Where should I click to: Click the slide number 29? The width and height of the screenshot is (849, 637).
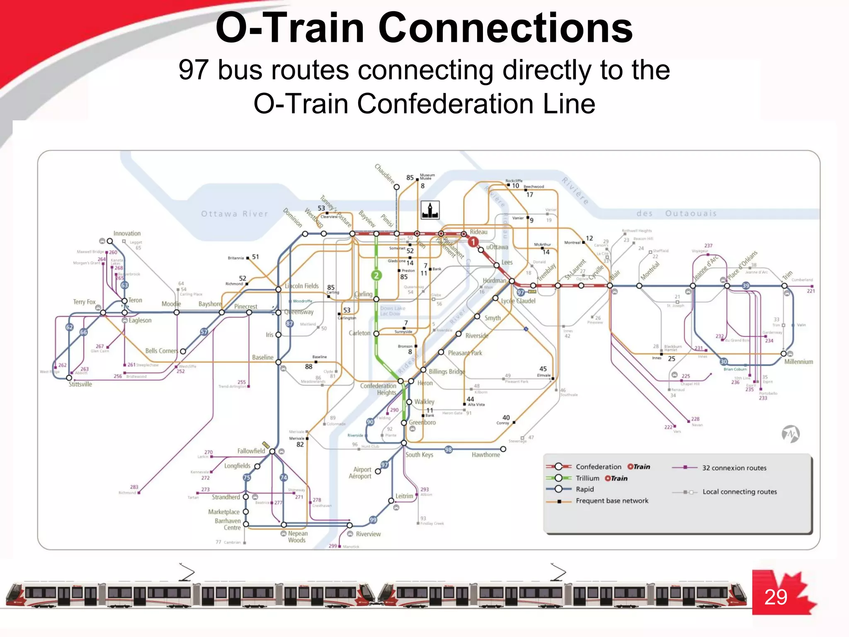coord(776,597)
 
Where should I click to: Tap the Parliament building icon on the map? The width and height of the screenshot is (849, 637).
coord(430,210)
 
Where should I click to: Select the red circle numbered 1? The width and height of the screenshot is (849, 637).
coord(473,242)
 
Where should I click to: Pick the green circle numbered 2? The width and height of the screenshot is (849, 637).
coord(376,275)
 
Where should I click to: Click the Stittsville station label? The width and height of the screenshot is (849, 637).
coord(80,384)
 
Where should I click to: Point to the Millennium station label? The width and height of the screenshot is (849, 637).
coord(798,362)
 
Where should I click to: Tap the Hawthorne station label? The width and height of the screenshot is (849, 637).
coord(486,455)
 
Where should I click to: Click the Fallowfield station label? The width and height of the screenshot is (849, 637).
coord(251,451)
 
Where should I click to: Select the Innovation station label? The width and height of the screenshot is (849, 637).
coord(127,233)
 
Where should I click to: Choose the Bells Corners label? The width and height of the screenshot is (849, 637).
coord(161,351)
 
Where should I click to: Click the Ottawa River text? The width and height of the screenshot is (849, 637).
coord(235,214)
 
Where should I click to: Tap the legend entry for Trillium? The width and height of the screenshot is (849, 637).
coord(587,478)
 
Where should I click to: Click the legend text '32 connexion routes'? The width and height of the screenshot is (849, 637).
coord(734,468)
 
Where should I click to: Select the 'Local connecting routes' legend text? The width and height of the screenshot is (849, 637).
coord(740,492)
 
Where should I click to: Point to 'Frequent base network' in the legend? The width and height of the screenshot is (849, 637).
coord(612,501)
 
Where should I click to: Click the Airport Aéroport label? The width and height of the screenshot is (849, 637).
coord(360,473)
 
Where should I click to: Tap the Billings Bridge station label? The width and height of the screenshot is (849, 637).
coord(446,372)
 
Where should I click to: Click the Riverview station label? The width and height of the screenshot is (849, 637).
coord(368,534)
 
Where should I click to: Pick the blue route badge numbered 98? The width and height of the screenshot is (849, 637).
coord(448,450)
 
